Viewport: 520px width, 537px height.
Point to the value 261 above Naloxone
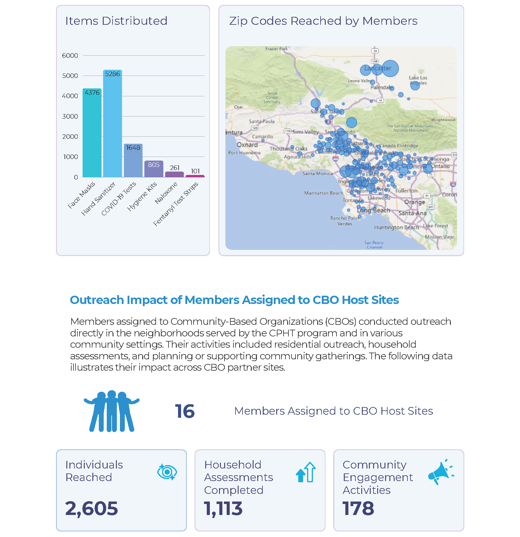click(175, 168)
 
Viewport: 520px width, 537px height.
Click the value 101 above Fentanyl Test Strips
click(195, 171)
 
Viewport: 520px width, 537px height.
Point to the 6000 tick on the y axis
click(70, 55)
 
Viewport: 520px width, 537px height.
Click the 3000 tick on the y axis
click(70, 116)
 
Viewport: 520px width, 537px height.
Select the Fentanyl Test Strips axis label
click(176, 204)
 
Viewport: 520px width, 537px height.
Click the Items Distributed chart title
click(116, 21)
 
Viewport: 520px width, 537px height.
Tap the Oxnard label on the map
click(247, 145)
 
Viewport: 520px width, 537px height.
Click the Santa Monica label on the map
click(317, 173)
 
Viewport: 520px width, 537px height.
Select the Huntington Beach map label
click(396, 227)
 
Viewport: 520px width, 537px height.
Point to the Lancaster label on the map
click(377, 68)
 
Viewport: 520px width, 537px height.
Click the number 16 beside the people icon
click(185, 411)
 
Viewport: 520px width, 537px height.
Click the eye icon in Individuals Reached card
click(167, 472)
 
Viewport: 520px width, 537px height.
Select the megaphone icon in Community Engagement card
click(440, 472)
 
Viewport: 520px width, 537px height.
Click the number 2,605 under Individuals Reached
click(91, 508)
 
